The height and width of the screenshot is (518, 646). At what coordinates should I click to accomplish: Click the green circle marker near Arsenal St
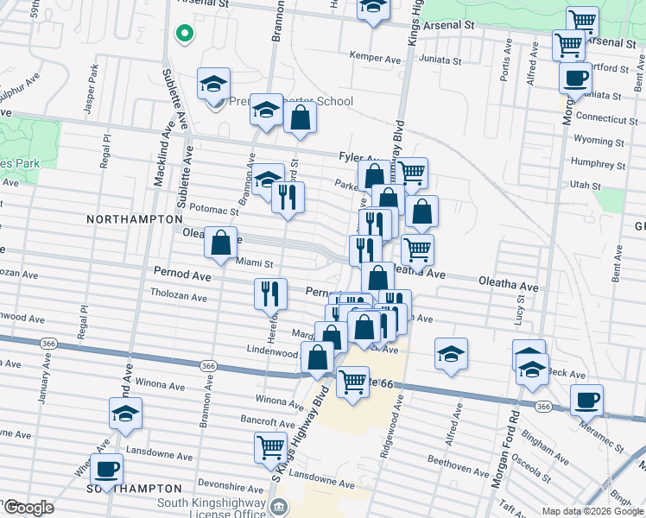pyautogui.click(x=183, y=35)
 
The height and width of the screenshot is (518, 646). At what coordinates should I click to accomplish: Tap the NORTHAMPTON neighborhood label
pyautogui.click(x=133, y=220)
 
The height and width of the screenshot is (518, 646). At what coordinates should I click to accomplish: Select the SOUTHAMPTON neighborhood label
pyautogui.click(x=123, y=489)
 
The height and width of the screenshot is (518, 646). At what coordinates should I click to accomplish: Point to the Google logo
pyautogui.click(x=28, y=508)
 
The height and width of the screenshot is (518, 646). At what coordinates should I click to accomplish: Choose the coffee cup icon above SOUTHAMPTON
pyautogui.click(x=106, y=471)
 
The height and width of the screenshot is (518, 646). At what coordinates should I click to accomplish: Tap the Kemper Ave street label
pyautogui.click(x=376, y=56)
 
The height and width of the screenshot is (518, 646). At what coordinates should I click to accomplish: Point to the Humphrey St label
pyautogui.click(x=598, y=161)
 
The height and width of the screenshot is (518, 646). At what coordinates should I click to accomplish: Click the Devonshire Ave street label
pyautogui.click(x=230, y=484)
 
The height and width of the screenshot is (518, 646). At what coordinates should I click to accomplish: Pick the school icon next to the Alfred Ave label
pyautogui.click(x=450, y=355)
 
